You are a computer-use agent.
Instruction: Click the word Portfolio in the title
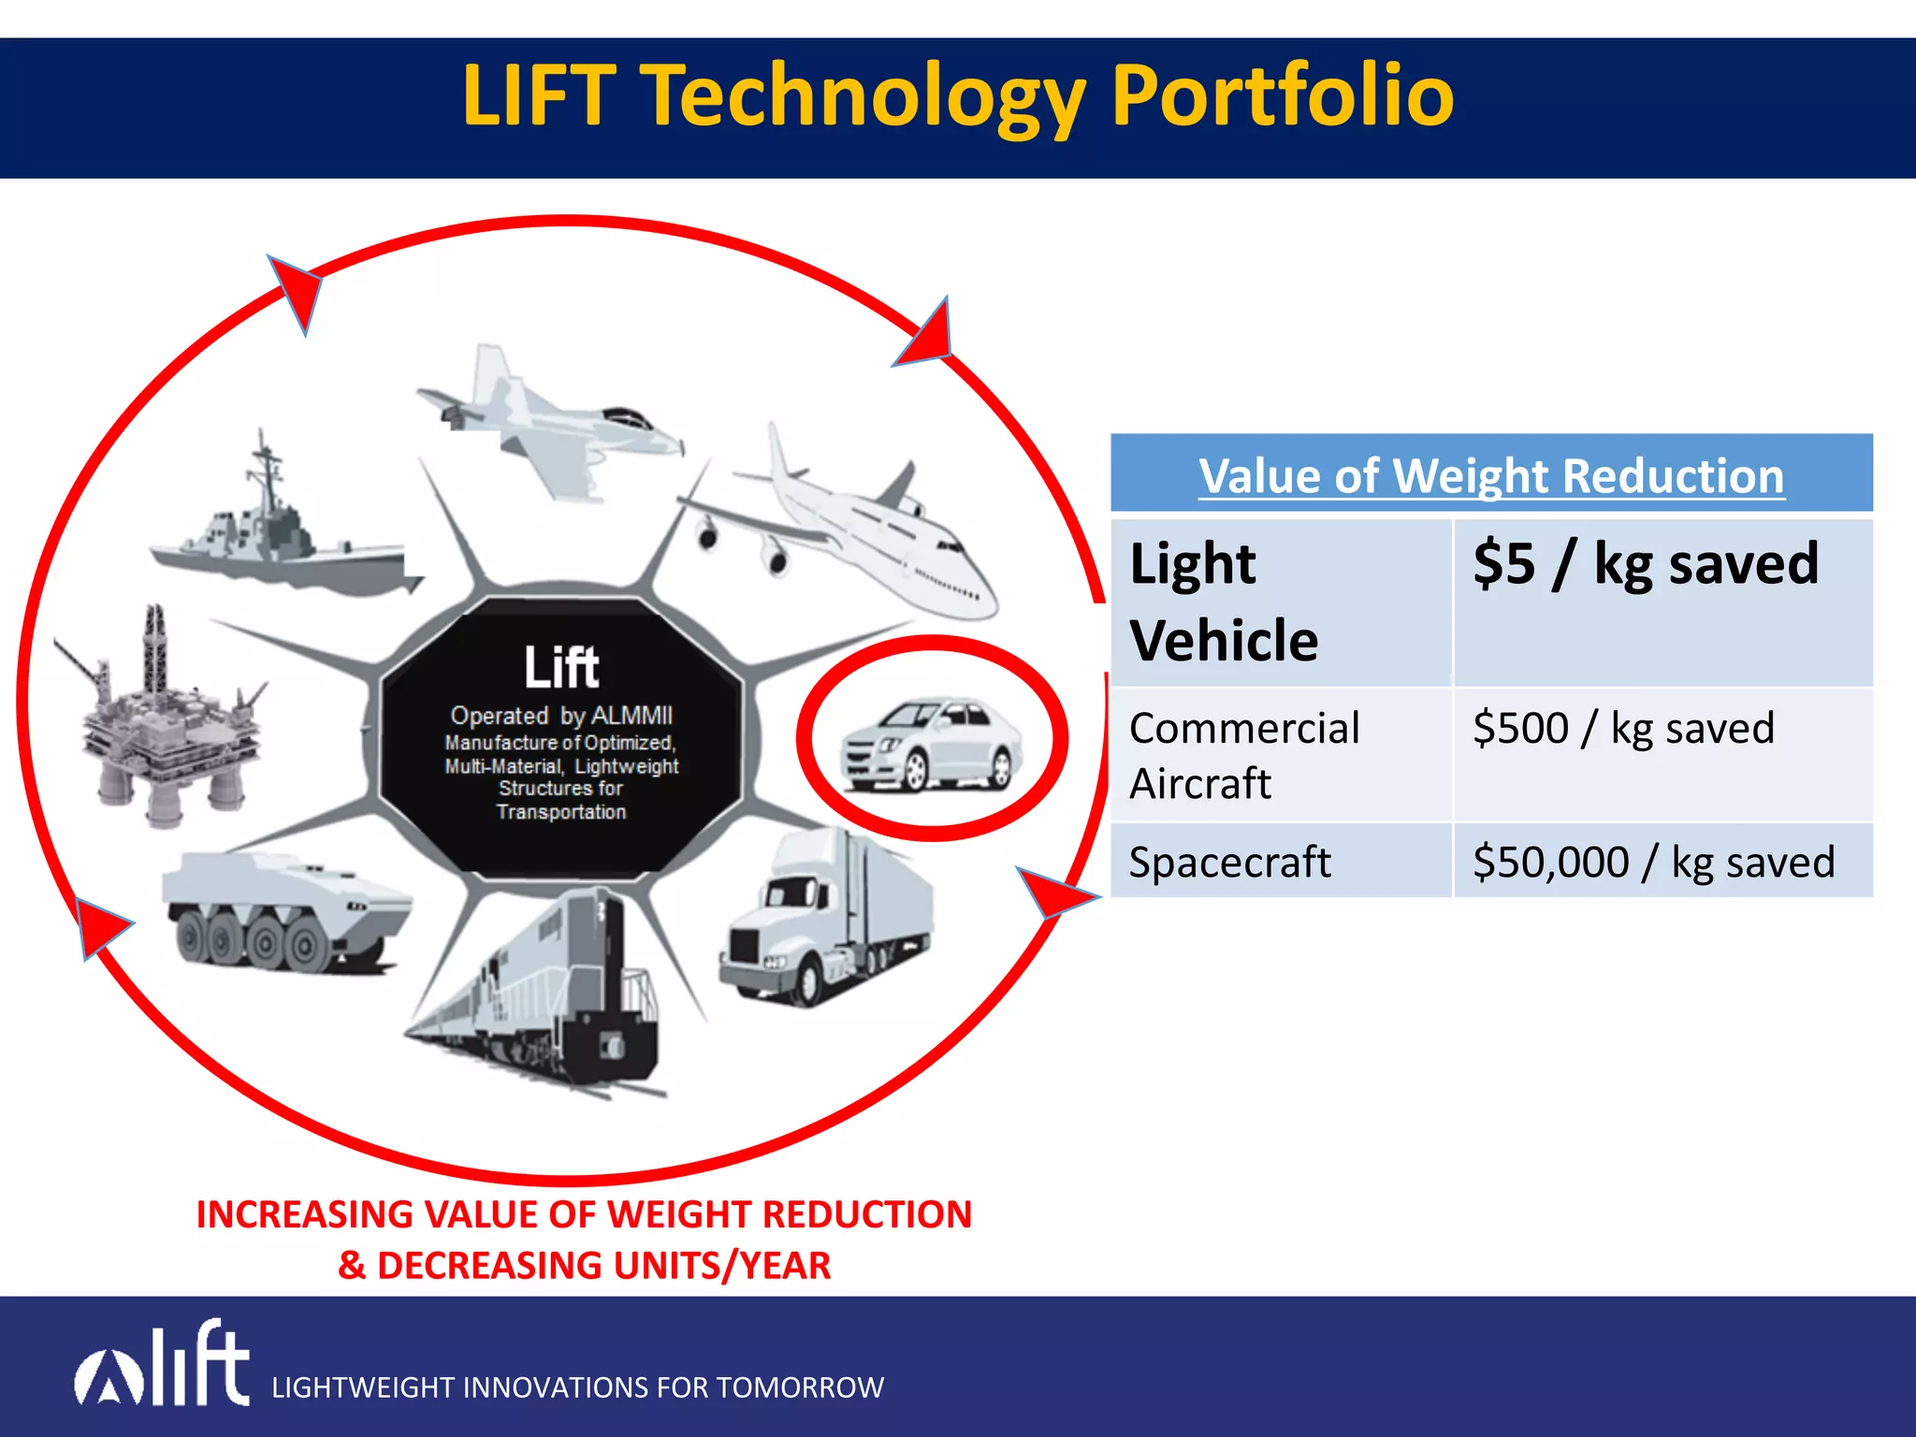1282,95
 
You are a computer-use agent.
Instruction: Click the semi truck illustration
823,922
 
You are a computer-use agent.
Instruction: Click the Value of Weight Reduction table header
1491,475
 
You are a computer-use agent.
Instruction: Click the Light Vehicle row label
1224,602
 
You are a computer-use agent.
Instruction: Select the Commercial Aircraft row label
1244,755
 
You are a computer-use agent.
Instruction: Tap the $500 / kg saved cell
1623,728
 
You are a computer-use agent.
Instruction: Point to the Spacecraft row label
1229,862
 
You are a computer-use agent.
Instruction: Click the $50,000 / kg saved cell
1653,862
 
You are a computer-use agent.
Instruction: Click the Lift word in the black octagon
561,667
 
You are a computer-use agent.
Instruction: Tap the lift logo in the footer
164,1366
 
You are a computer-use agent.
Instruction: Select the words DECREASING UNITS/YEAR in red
603,1266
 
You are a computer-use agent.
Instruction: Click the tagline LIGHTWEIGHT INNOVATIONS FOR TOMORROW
577,1387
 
